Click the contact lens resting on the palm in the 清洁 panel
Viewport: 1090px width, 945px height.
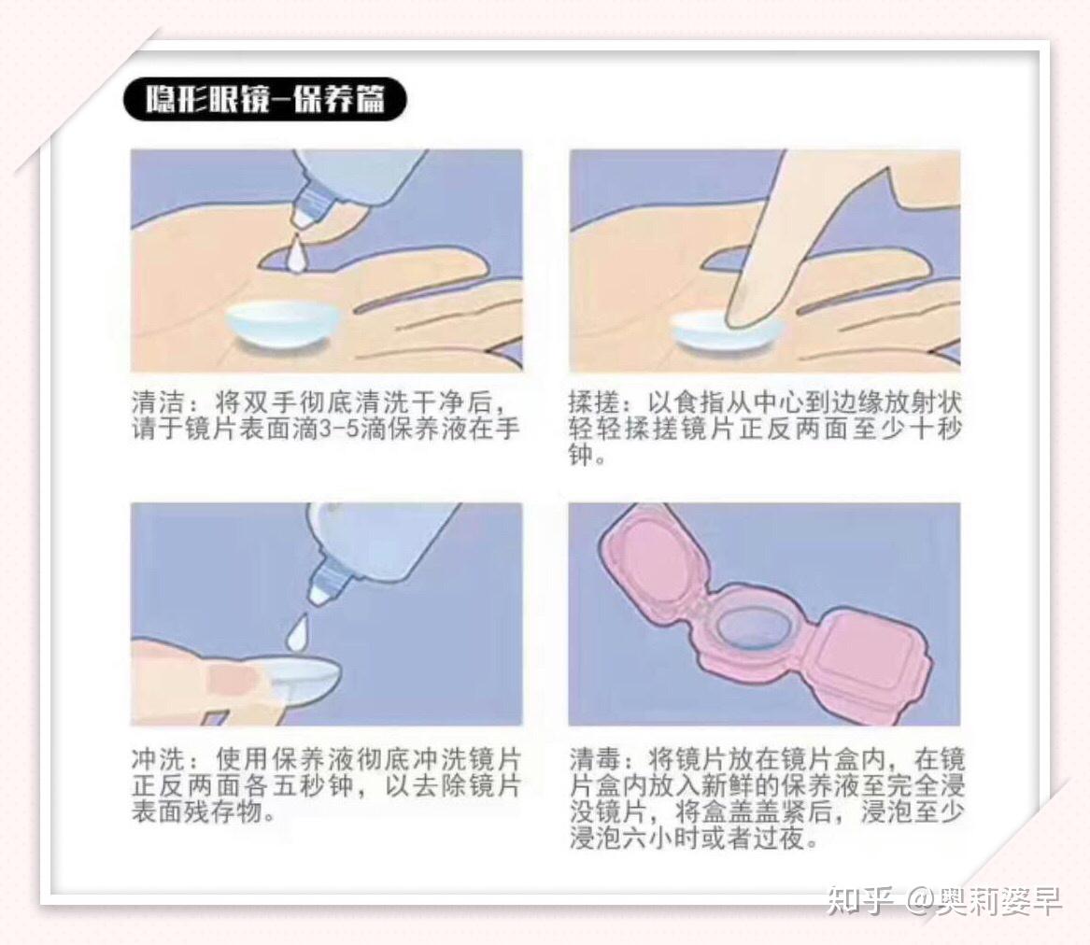point(283,324)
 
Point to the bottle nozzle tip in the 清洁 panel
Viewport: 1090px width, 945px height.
point(302,216)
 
